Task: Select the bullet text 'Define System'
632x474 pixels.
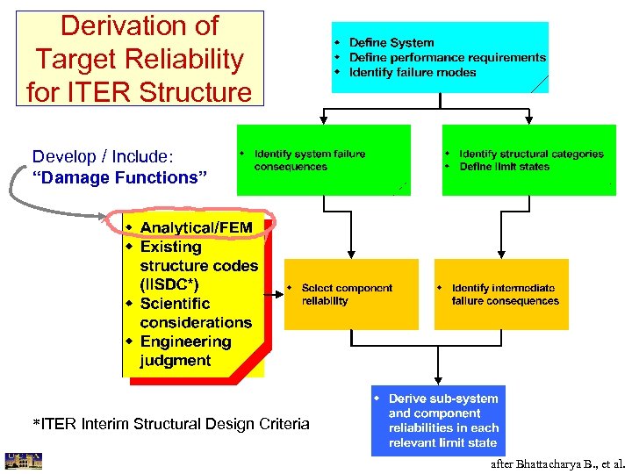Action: point(391,43)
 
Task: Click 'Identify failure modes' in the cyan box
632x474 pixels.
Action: point(412,72)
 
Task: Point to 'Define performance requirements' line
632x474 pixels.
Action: point(447,57)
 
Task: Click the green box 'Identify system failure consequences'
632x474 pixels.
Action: point(323,160)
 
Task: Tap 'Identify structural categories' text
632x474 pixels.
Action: point(530,154)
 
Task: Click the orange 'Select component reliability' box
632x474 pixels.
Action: point(350,294)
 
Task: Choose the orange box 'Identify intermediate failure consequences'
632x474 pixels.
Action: point(501,294)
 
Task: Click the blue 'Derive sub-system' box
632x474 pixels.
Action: point(438,420)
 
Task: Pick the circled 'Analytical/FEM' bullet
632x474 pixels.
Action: point(195,228)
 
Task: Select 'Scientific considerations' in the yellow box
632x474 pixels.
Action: point(184,313)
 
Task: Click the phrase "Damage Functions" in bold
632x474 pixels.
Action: point(119,178)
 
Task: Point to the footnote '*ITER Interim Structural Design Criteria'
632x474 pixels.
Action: point(170,425)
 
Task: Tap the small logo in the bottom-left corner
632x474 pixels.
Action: point(23,462)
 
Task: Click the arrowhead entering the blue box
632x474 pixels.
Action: point(438,381)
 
